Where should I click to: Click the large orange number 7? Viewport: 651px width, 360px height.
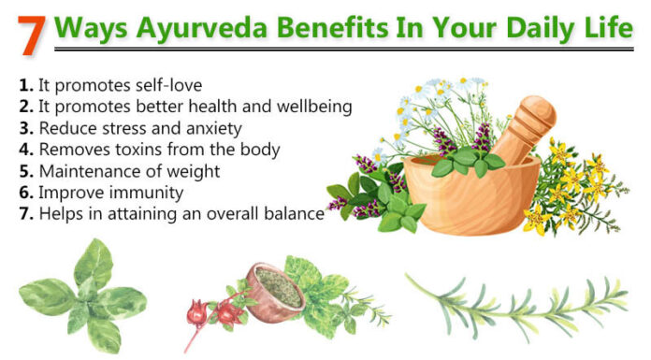point(31,33)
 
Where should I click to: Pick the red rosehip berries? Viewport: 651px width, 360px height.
point(210,310)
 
